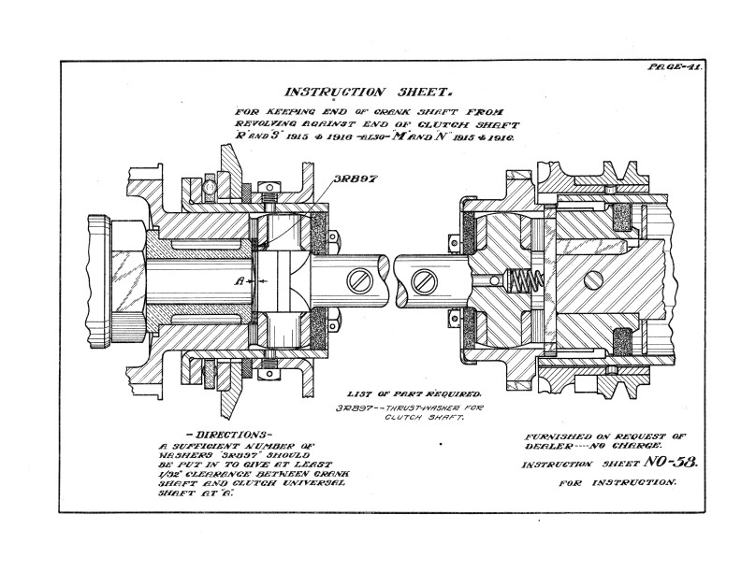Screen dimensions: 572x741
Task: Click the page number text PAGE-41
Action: click(675, 68)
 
